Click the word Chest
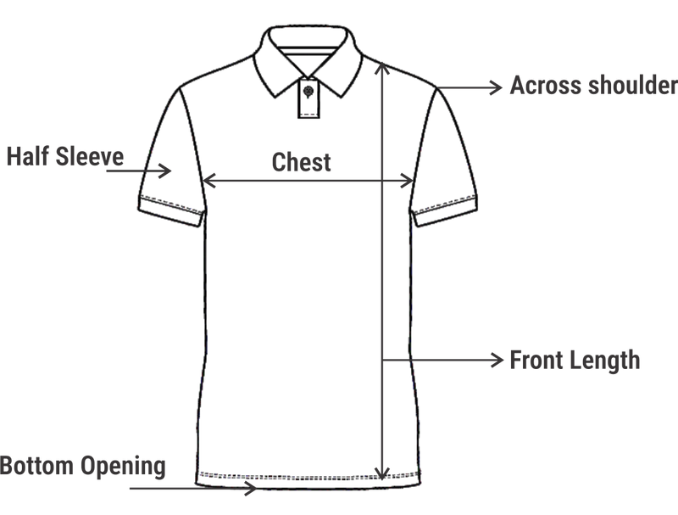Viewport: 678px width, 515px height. click(302, 162)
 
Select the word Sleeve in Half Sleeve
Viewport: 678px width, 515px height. click(90, 156)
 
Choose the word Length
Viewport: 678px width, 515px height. click(601, 361)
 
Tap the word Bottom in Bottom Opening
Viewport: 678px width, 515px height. click(36, 466)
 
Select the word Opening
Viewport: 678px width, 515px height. click(123, 467)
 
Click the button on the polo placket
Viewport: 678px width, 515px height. click(308, 92)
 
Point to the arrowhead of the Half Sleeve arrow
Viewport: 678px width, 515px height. click(165, 171)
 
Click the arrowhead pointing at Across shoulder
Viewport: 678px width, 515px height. click(496, 87)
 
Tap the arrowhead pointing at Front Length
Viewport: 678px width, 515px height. click(497, 359)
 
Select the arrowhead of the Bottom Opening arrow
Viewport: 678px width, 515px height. click(251, 488)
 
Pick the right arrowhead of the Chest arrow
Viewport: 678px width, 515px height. click(408, 181)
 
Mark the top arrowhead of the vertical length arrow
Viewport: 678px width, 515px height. click(382, 69)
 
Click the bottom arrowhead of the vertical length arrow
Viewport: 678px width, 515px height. click(382, 473)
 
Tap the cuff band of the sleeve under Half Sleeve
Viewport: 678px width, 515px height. click(171, 210)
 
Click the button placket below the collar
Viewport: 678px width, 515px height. click(308, 98)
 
